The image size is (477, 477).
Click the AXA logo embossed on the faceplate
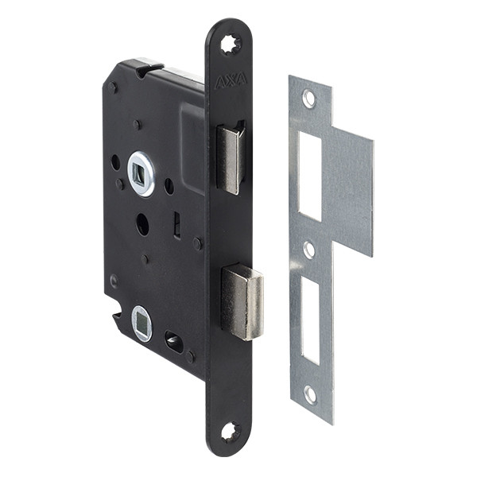pyautogui.click(x=231, y=81)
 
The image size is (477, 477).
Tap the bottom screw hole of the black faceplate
pyautogui.click(x=231, y=432)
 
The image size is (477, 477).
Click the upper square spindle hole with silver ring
pyautogui.click(x=142, y=174)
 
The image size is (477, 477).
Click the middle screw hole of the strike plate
pyautogui.click(x=309, y=249)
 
